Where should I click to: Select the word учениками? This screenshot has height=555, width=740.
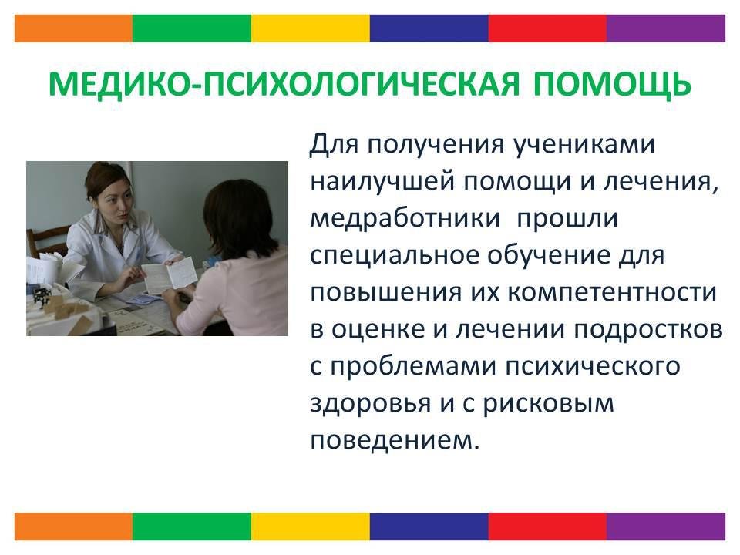584,144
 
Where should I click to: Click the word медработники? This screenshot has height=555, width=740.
405,218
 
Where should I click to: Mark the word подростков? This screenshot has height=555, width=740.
648,329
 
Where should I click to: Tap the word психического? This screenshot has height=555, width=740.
593,366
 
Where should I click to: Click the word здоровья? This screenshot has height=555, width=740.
371,403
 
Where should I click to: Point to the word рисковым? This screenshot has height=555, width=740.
548,403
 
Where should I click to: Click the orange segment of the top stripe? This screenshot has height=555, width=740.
74,29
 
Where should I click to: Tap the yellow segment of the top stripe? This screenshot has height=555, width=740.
311,29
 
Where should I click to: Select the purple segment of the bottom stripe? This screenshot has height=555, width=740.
666,526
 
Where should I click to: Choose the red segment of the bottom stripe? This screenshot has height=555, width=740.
547,526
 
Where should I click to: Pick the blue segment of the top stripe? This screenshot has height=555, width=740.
429,29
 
